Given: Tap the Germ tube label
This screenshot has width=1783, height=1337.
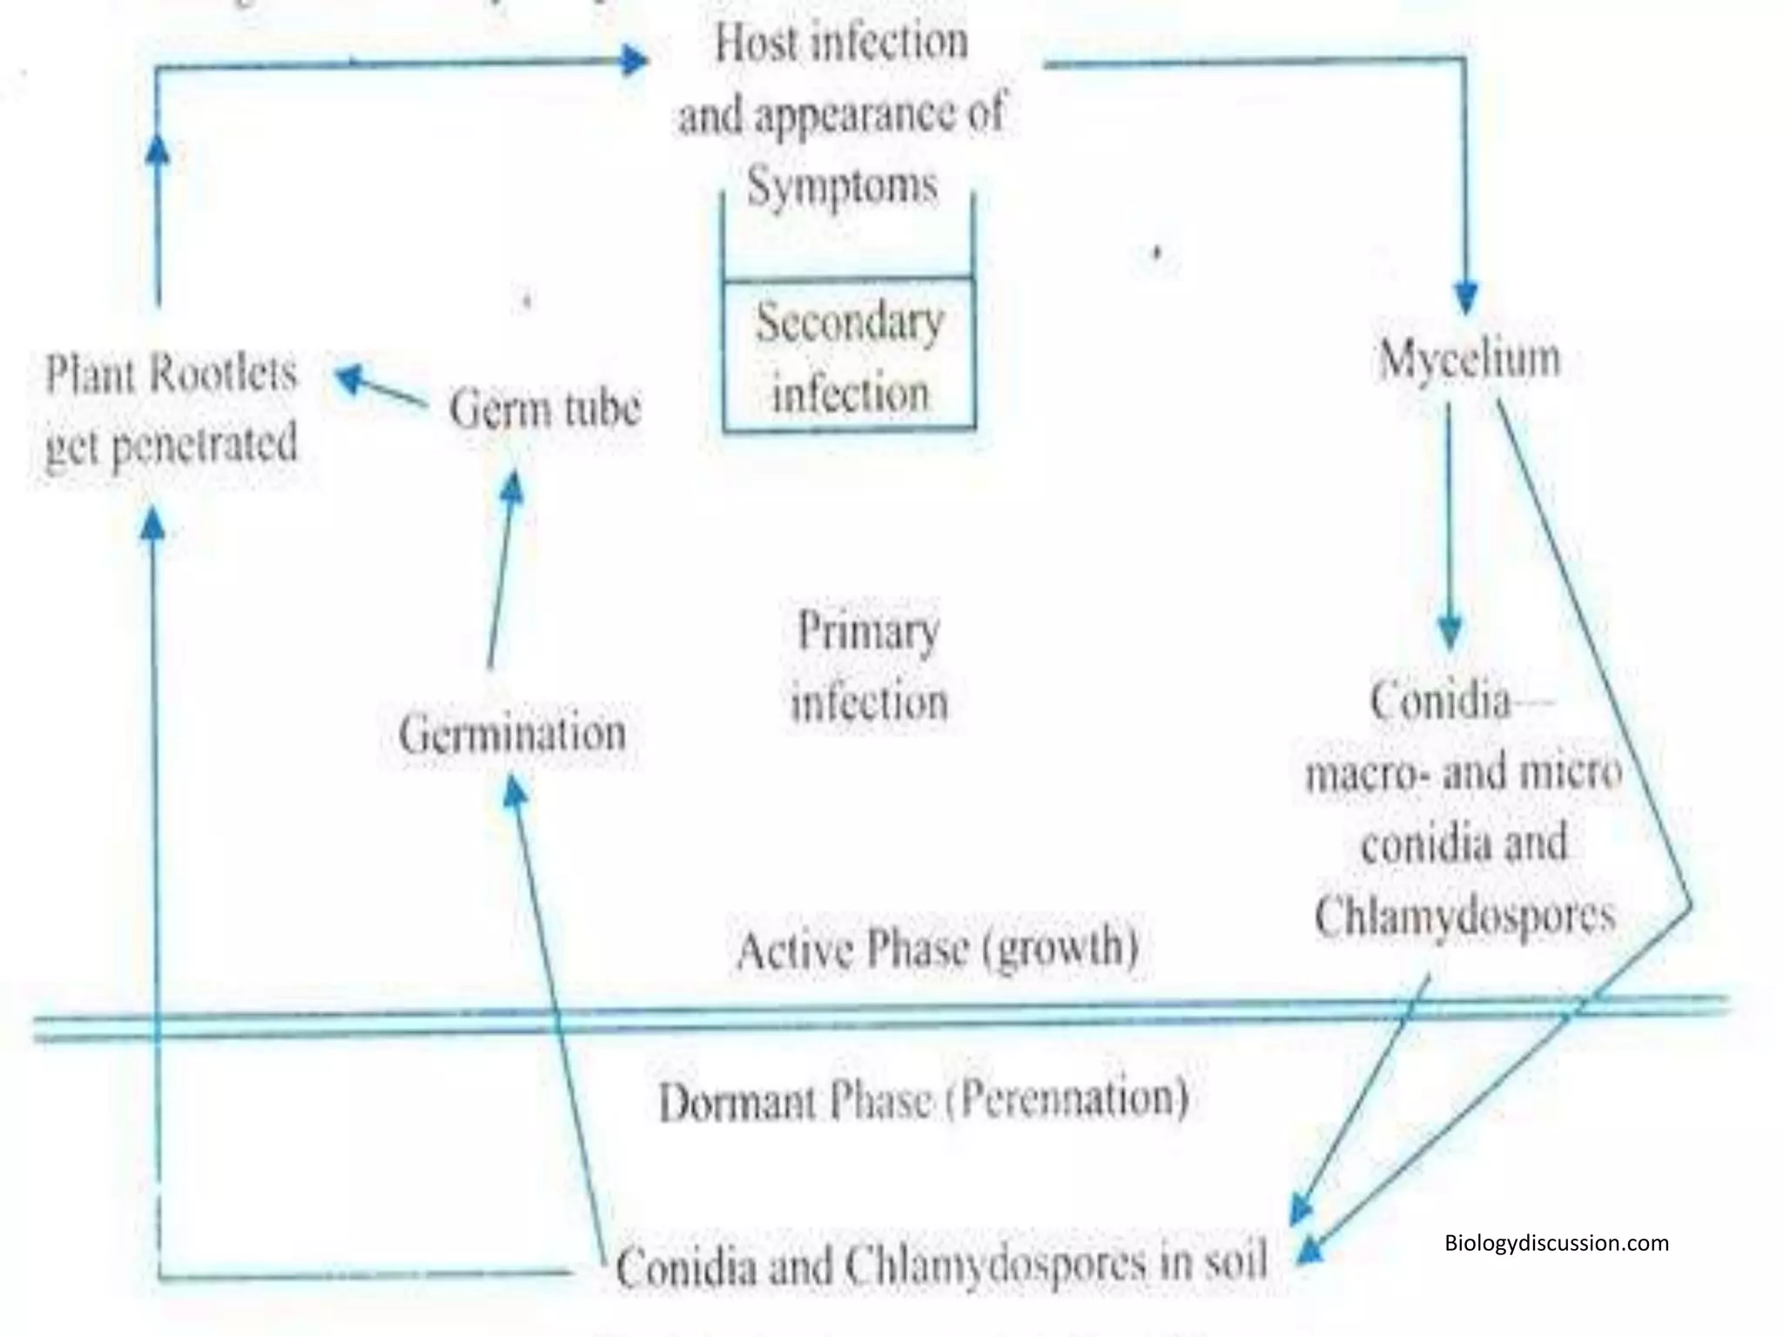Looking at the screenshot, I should point(545,408).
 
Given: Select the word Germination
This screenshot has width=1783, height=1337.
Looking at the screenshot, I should point(512,734).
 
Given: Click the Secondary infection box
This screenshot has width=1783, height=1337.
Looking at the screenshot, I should point(849,355).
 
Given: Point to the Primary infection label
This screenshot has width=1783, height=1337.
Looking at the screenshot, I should point(868,667).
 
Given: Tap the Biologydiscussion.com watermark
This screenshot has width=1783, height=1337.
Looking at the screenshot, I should point(1557,1242).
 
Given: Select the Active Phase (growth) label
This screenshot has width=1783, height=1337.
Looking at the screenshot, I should point(937,948).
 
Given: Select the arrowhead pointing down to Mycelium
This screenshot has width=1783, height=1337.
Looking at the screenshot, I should point(1466,297).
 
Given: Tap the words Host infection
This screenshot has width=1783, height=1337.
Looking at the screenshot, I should point(841,43).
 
